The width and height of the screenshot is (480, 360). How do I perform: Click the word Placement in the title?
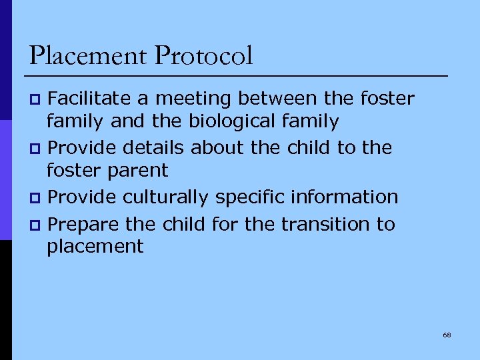pyautogui.click(x=88, y=56)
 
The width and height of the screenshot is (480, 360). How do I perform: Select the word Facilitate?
pyautogui.click(x=90, y=99)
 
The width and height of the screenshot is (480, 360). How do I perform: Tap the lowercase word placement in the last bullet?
pyautogui.click(x=95, y=247)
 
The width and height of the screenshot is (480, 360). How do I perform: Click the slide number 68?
pyautogui.click(x=447, y=335)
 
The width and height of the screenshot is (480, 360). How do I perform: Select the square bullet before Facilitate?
pyautogui.click(x=37, y=101)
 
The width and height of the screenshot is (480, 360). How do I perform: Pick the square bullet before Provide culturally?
pyautogui.click(x=37, y=199)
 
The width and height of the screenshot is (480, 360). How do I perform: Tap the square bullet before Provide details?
pyautogui.click(x=37, y=149)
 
